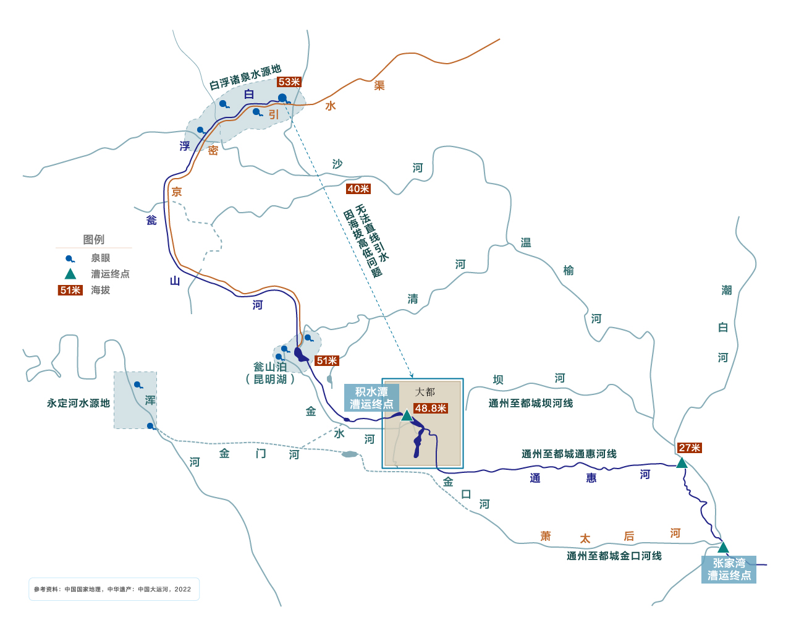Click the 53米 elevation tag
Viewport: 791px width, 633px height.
(x=289, y=82)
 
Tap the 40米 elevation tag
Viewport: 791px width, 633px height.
(x=358, y=189)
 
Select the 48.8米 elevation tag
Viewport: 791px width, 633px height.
(x=431, y=409)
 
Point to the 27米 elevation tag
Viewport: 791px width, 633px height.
(x=689, y=448)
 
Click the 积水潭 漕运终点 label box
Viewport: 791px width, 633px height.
(x=371, y=398)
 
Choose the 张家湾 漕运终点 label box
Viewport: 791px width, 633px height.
(x=729, y=569)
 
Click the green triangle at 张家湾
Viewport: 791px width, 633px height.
(x=723, y=548)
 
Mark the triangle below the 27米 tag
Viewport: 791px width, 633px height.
(x=682, y=463)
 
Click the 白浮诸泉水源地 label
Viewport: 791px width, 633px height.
(x=245, y=77)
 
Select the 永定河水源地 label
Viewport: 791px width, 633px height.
(x=78, y=403)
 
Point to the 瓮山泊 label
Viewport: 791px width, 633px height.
(x=270, y=367)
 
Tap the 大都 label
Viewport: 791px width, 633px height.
(x=425, y=392)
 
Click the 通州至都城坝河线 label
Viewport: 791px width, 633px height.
(x=531, y=403)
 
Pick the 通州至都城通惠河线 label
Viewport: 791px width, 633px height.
(x=569, y=454)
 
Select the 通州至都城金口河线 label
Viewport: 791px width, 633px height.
(x=614, y=556)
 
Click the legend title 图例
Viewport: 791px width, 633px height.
(x=94, y=239)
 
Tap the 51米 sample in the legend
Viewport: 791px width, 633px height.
(x=70, y=291)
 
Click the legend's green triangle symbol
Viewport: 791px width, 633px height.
(x=70, y=274)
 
